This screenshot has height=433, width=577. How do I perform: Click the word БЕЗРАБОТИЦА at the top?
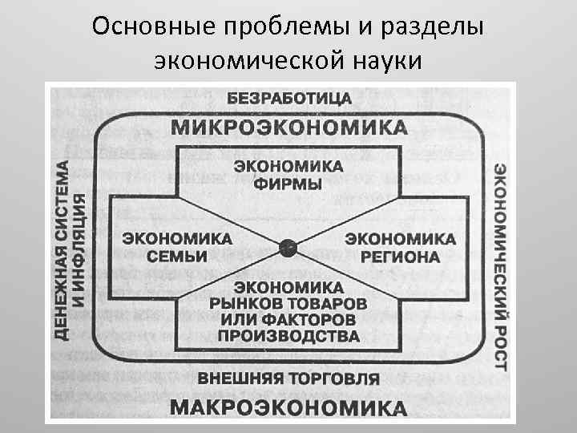(x=288, y=99)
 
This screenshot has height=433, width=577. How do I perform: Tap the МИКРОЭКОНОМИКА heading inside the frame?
(x=288, y=127)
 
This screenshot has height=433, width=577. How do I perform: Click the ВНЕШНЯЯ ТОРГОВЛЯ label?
(x=288, y=377)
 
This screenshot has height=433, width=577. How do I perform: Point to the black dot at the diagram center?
(x=288, y=248)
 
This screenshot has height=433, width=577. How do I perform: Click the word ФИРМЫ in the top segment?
(x=288, y=184)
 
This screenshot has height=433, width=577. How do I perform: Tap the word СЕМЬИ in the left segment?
(x=178, y=257)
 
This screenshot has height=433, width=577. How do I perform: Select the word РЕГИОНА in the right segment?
(x=400, y=257)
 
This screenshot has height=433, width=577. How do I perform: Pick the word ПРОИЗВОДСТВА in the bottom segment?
(x=288, y=336)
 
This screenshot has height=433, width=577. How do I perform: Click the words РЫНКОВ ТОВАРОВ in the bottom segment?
(x=288, y=304)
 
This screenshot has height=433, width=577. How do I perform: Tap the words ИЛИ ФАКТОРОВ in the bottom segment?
(x=288, y=320)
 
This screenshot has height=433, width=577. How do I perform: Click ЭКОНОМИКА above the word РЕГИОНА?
(x=400, y=240)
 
